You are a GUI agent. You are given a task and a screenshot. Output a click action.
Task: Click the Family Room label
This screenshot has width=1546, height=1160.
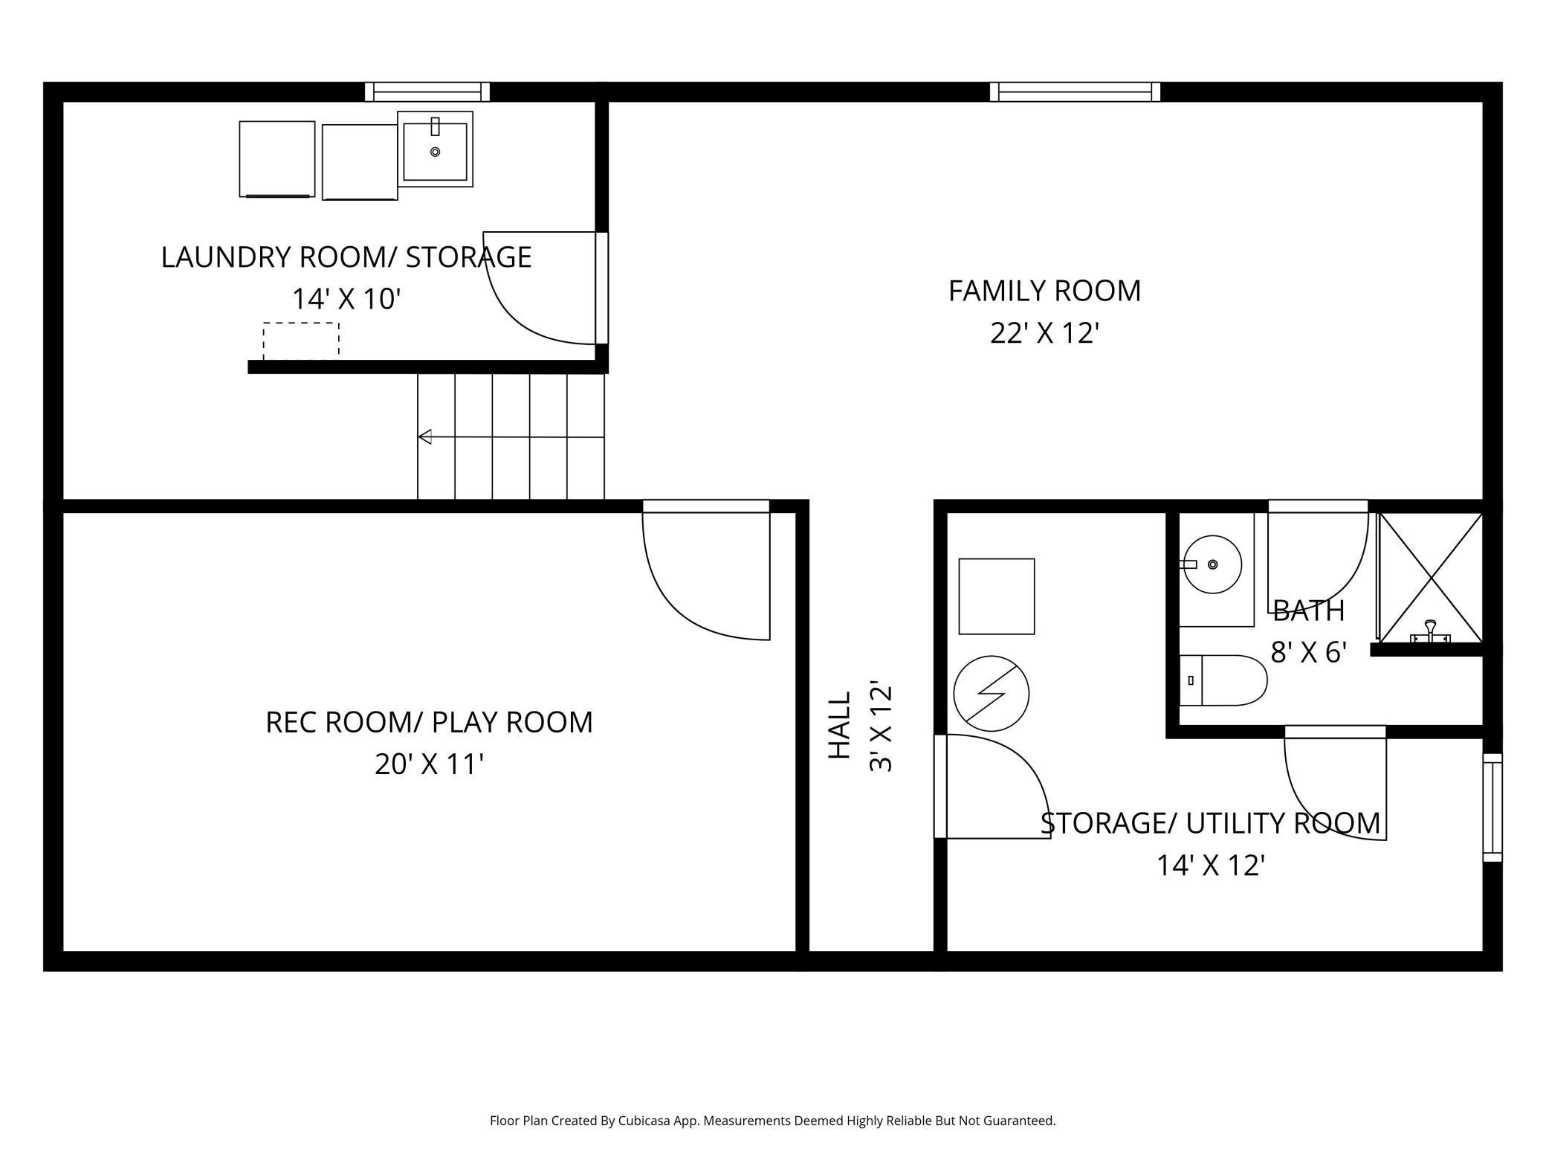point(1044,291)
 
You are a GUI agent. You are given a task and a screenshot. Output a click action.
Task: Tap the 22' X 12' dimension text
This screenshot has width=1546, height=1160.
point(1044,333)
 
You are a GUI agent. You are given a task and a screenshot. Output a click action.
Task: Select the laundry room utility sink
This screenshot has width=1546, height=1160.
point(436,149)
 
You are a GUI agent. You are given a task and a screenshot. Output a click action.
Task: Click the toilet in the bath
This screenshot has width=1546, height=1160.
point(1223,680)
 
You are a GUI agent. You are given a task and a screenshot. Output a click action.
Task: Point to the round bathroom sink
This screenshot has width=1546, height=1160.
point(1212,564)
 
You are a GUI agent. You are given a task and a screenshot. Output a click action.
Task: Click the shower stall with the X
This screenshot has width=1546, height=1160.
point(1430,577)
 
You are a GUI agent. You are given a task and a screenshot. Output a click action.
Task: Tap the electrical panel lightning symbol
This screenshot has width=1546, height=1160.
point(991,693)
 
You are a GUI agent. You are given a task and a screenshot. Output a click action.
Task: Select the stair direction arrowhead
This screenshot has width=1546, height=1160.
point(425,436)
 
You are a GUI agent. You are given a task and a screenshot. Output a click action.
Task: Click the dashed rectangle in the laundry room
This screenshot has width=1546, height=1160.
point(301,341)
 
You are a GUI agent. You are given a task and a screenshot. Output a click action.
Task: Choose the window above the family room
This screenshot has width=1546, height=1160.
point(1075,91)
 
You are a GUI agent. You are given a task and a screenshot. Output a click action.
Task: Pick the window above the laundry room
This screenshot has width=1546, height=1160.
point(427,91)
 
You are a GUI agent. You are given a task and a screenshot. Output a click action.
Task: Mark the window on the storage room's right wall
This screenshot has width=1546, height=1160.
point(1492,808)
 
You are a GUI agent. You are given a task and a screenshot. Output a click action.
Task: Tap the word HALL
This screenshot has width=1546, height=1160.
point(839,725)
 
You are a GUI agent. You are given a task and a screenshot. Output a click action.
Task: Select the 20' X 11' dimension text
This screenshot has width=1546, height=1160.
point(429,764)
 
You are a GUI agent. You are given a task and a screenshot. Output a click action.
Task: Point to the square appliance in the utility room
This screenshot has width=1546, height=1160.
point(996,596)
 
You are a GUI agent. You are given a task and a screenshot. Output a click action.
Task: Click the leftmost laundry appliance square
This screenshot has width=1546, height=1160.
point(276,159)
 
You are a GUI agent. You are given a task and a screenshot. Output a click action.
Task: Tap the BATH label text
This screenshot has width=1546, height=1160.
point(1308,611)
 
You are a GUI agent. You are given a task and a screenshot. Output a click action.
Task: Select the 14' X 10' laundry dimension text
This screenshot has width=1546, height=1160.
point(346,299)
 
